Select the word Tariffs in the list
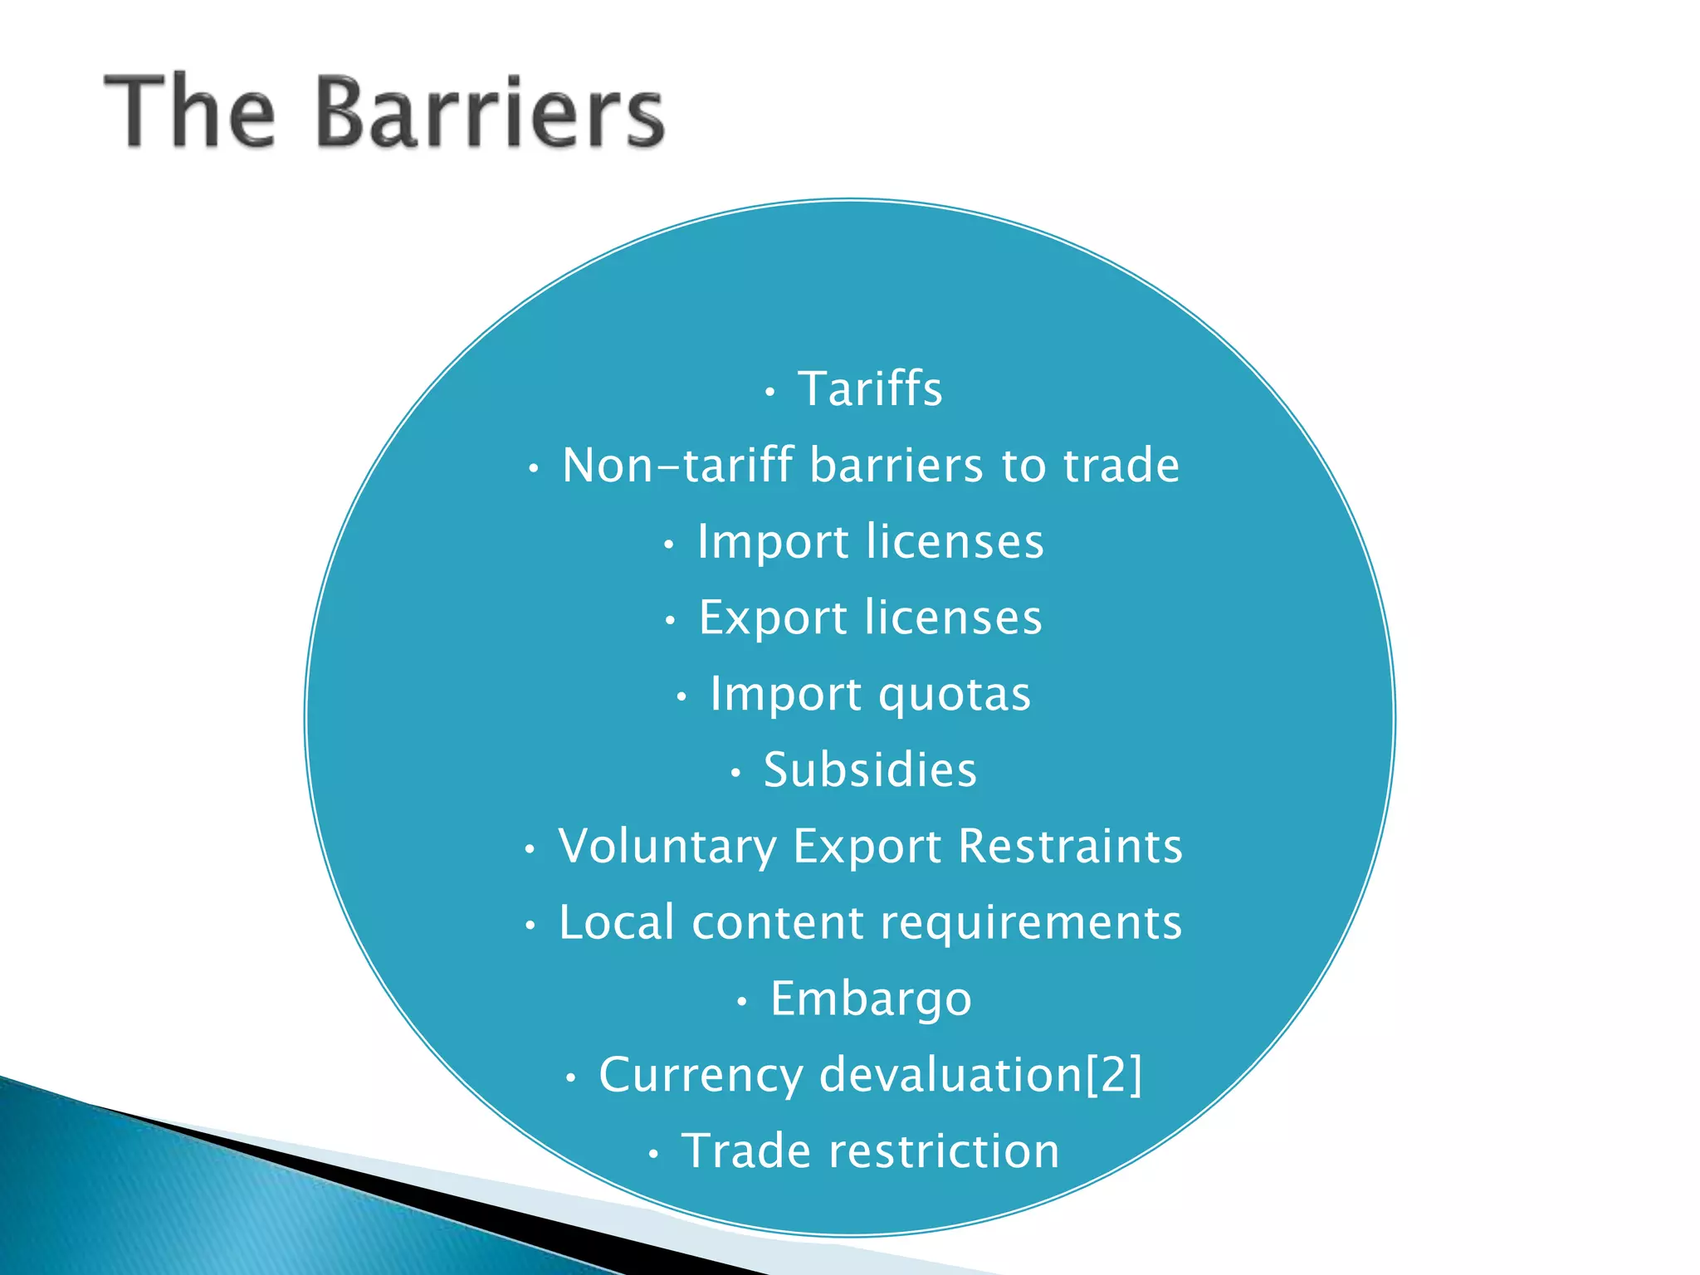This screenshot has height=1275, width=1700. pyautogui.click(x=870, y=388)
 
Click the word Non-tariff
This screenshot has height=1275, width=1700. pyautogui.click(x=677, y=465)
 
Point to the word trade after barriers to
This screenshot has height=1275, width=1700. pyautogui.click(x=1121, y=465)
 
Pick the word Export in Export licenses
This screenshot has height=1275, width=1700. pyautogui.click(x=773, y=618)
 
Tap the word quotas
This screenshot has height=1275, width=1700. pyautogui.click(x=955, y=695)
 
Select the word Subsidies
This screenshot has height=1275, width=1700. pyautogui.click(x=870, y=770)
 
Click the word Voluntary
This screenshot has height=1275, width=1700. pyautogui.click(x=667, y=847)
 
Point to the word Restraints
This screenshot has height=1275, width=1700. pyautogui.click(x=1070, y=847)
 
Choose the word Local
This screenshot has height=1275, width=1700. pyautogui.click(x=617, y=923)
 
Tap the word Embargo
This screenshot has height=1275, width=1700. pyautogui.click(x=871, y=999)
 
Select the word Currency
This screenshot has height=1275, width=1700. pyautogui.click(x=701, y=1076)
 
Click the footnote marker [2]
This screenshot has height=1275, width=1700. pyautogui.click(x=1114, y=1076)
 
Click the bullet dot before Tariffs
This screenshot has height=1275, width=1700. pyautogui.click(x=770, y=392)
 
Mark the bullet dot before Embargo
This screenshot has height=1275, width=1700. pyautogui.click(x=742, y=1003)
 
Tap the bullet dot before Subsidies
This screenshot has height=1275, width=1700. pyautogui.click(x=735, y=774)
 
